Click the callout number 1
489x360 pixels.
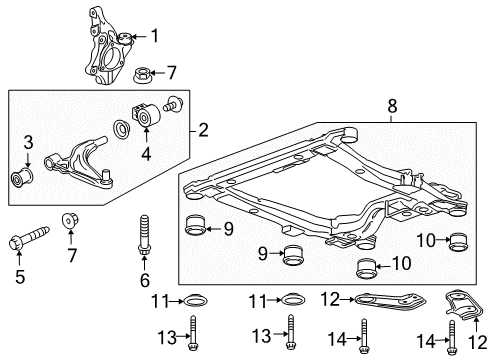[x=155, y=37]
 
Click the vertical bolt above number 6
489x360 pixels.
[x=144, y=237]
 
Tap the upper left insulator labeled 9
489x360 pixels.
[x=196, y=229]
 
